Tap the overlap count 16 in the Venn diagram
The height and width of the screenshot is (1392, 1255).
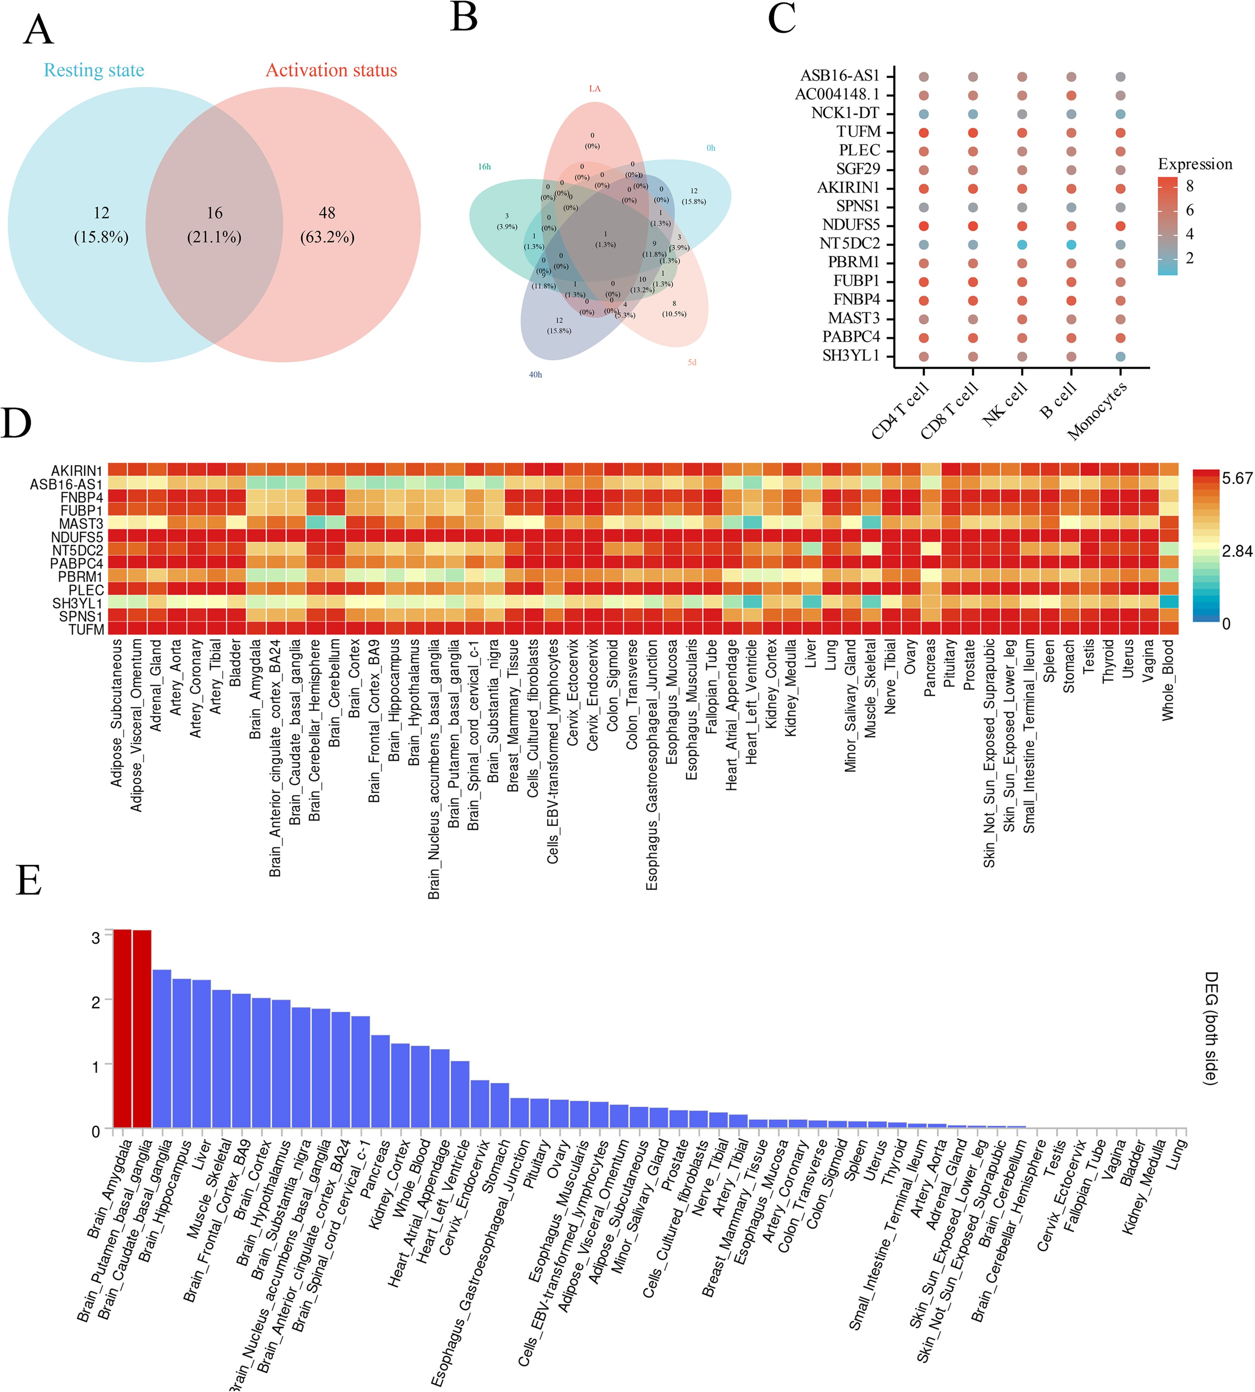[x=214, y=213]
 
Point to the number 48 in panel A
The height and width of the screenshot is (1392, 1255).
[x=327, y=213]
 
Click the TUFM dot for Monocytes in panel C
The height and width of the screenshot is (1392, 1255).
[x=1121, y=133]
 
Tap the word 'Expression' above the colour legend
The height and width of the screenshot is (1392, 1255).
[x=1195, y=164]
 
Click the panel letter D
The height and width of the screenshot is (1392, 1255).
[x=17, y=423]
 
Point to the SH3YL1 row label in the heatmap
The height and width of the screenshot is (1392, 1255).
[x=77, y=603]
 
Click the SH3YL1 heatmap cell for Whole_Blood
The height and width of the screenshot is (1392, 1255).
[x=1169, y=603]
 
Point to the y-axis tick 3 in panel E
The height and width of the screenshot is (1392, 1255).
[x=96, y=937]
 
